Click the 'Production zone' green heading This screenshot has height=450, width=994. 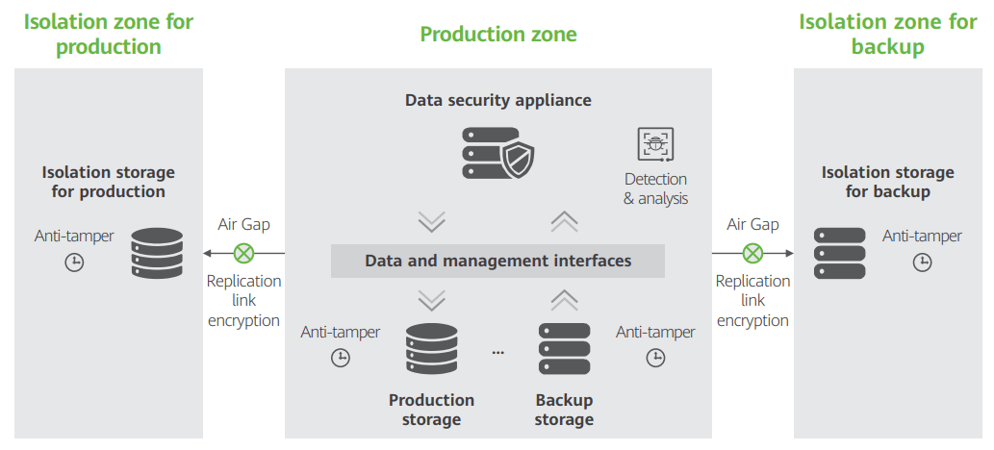pyautogui.click(x=498, y=34)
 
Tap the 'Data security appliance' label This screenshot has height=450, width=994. pyautogui.click(x=498, y=100)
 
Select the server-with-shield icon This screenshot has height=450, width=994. pyautogui.click(x=497, y=153)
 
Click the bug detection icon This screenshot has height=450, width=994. pyautogui.click(x=655, y=144)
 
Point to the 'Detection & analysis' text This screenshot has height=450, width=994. pyautogui.click(x=655, y=188)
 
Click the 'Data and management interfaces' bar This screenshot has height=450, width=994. pyautogui.click(x=497, y=261)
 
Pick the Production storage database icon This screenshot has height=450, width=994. pyautogui.click(x=432, y=349)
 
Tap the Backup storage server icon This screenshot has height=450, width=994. pyautogui.click(x=564, y=349)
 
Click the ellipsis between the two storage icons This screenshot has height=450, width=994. pyautogui.click(x=498, y=352)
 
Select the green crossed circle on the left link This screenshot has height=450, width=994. pyautogui.click(x=244, y=254)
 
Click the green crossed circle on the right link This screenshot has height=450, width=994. pyautogui.click(x=752, y=254)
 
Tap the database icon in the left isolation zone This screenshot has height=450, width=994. pyautogui.click(x=157, y=254)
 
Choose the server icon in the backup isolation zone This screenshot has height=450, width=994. pyautogui.click(x=840, y=254)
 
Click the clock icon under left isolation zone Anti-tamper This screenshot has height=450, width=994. pyautogui.click(x=75, y=262)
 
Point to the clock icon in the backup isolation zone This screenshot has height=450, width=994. pyautogui.click(x=923, y=262)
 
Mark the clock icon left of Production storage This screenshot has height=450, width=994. pyautogui.click(x=341, y=358)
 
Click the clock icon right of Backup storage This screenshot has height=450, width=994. pyautogui.click(x=655, y=358)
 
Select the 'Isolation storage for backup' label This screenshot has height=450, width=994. pyautogui.click(x=887, y=182)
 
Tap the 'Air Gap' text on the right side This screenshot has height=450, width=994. pyautogui.click(x=752, y=224)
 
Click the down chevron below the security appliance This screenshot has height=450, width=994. pyautogui.click(x=432, y=222)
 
